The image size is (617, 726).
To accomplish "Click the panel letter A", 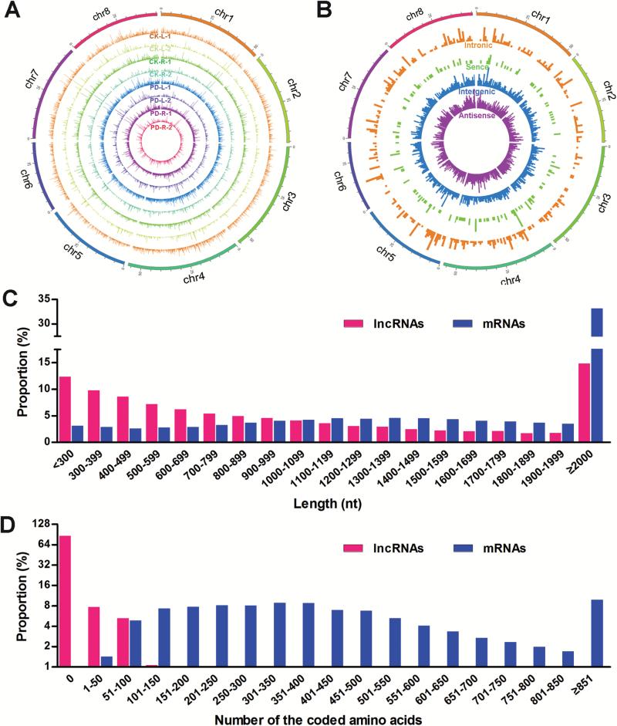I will coord(13,14).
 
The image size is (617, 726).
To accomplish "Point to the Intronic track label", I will coord(478,46).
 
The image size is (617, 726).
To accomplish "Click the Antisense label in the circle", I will coord(476,116).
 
